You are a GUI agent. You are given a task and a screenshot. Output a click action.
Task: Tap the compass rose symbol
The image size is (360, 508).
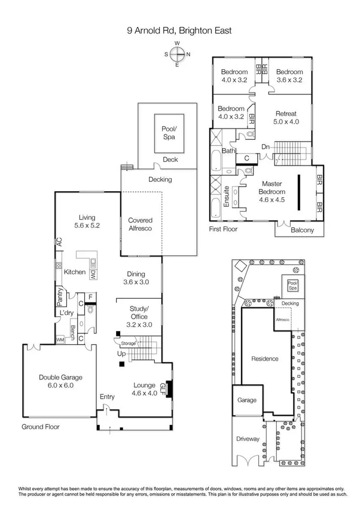(x=178, y=54)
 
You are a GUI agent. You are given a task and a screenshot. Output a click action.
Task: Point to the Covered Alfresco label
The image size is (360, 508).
(x=141, y=224)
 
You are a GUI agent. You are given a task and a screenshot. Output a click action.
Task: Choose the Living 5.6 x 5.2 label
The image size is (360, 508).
(x=84, y=222)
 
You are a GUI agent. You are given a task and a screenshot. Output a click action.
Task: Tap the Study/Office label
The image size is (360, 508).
(x=139, y=313)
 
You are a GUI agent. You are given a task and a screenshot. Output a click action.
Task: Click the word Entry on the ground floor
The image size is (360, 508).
(x=107, y=396)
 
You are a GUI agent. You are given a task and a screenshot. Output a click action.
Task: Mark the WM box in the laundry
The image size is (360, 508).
(x=60, y=339)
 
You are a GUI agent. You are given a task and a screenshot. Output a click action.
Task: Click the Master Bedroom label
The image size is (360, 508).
(x=272, y=191)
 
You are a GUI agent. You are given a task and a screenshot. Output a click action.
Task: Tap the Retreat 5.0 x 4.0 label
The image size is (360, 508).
(x=286, y=117)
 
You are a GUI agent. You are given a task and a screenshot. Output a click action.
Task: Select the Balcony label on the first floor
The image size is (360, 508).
(x=301, y=229)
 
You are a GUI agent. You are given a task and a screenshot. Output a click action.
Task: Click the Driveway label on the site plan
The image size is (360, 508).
(x=248, y=439)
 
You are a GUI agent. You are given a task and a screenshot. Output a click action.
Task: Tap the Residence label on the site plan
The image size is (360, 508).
(x=264, y=359)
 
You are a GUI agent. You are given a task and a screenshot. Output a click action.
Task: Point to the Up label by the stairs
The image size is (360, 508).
(x=121, y=354)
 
